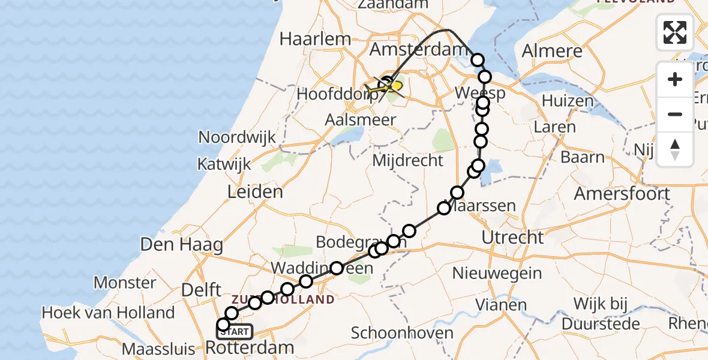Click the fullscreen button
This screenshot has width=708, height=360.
(x=675, y=32)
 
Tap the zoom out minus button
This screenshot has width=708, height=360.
(x=675, y=114)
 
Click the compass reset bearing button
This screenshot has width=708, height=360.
(x=675, y=149)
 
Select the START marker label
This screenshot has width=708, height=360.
(x=238, y=332)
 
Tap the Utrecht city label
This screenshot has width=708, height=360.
(x=512, y=238)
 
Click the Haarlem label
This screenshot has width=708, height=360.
(x=315, y=40)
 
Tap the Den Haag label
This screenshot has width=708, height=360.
(x=173, y=244)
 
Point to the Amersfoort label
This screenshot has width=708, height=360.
(x=622, y=194)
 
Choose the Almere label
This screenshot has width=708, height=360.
(x=552, y=51)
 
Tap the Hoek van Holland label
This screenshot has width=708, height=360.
(x=108, y=313)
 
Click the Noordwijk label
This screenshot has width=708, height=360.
(x=237, y=137)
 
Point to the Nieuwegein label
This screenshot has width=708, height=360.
(x=497, y=274)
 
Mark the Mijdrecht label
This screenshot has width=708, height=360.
(x=408, y=161)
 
